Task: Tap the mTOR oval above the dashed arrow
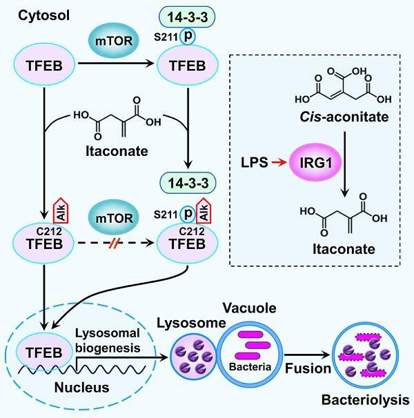click(110, 221)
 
